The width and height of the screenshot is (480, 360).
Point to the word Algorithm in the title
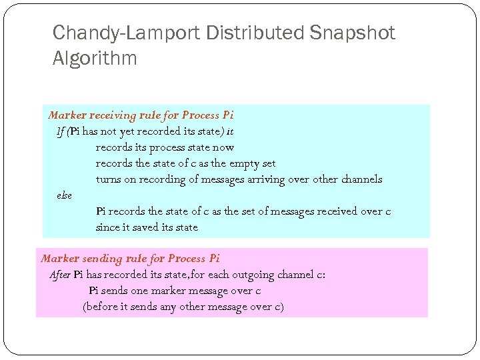pos(95,59)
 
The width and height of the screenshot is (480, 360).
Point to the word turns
pos(108,179)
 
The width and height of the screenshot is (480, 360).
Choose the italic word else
pos(64,195)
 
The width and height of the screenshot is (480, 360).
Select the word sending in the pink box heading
pos(102,259)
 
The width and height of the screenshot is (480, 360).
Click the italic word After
pos(60,275)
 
